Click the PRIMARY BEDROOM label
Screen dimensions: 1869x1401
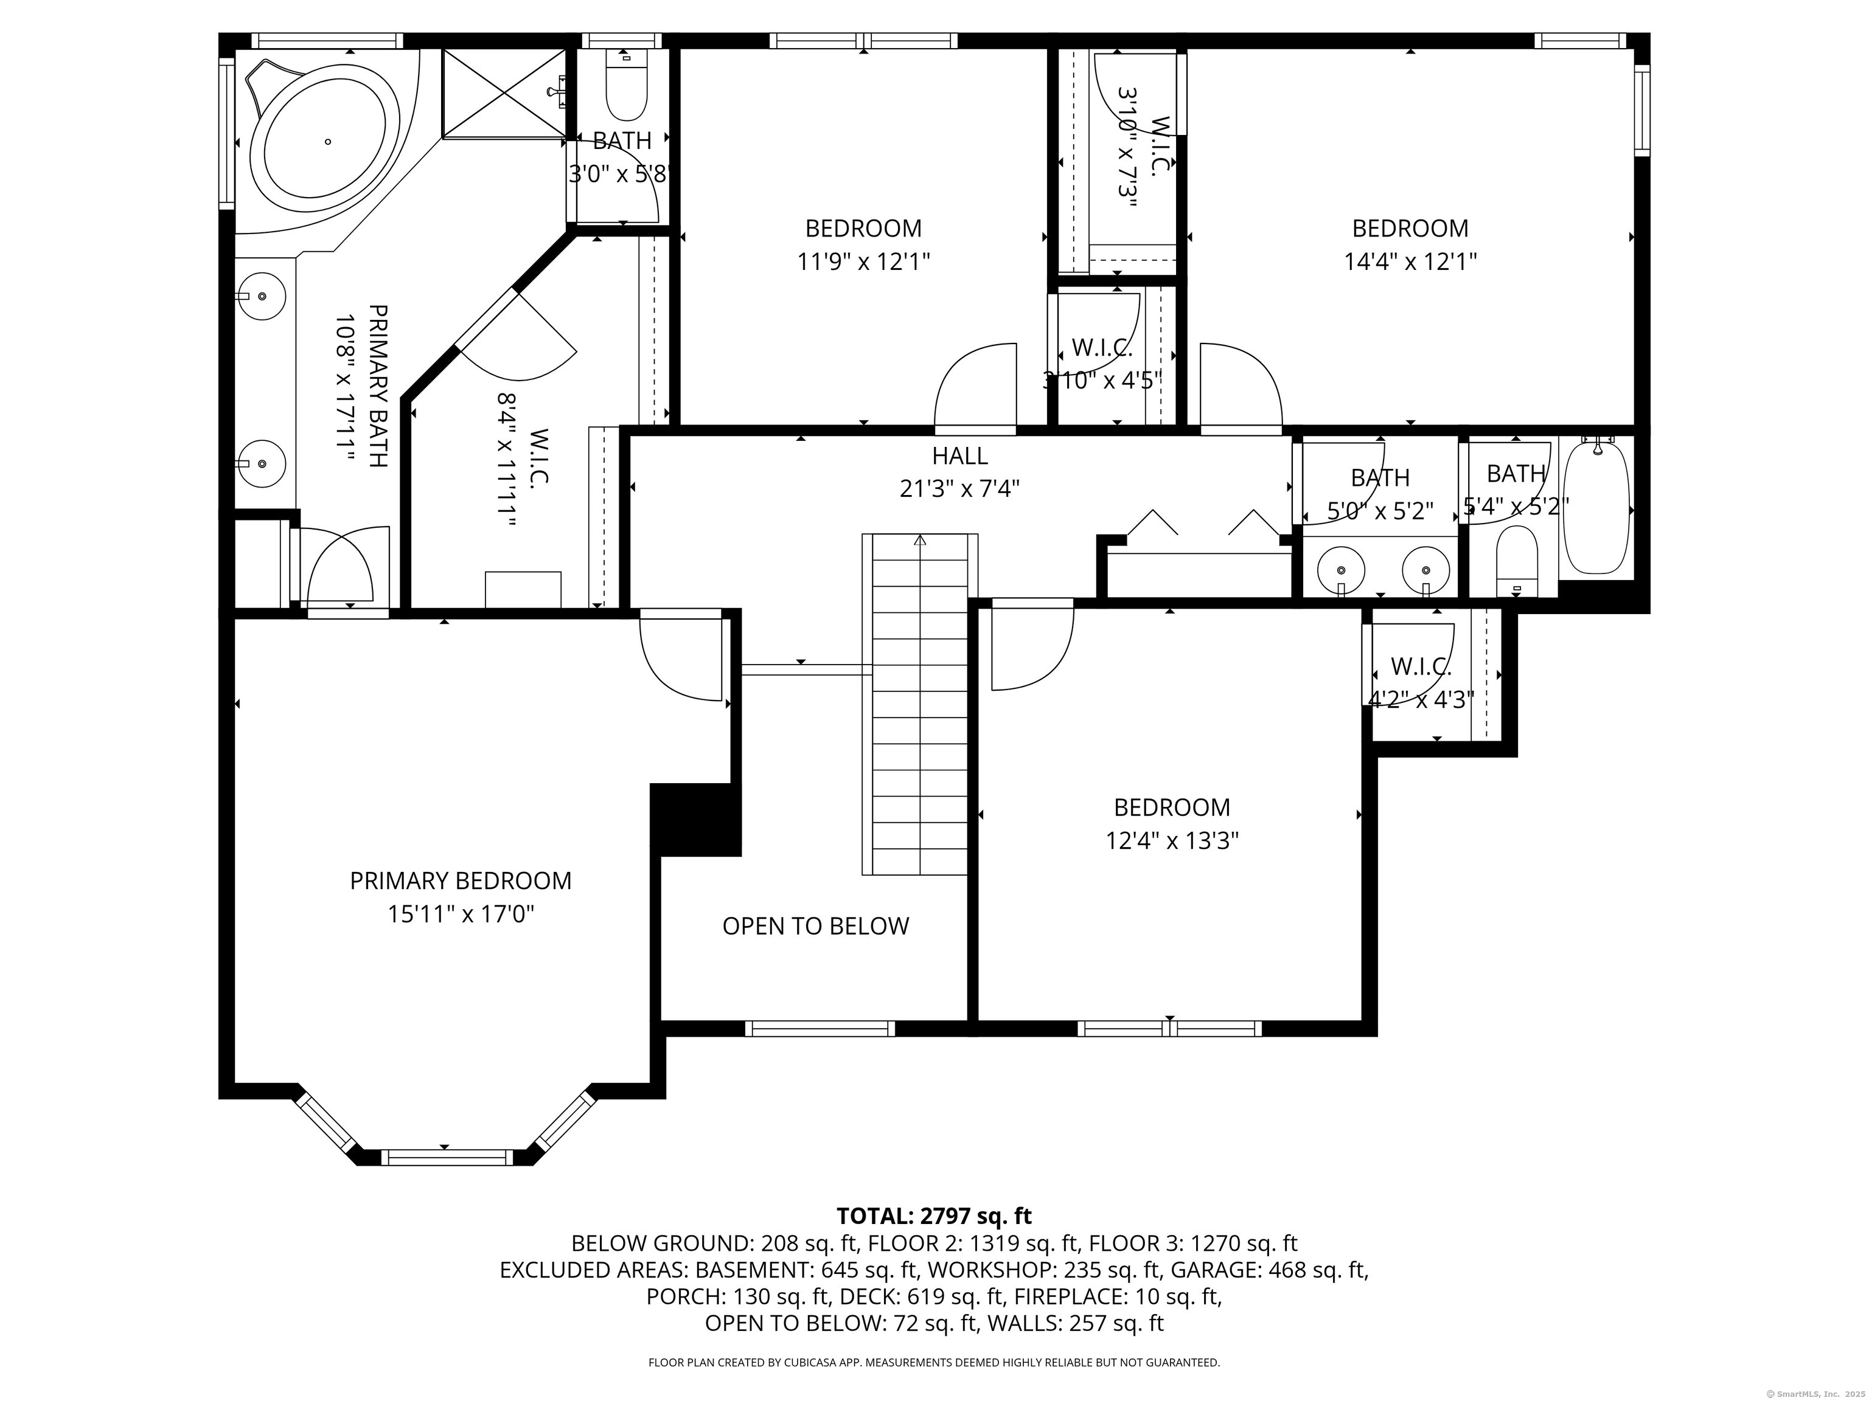point(461,881)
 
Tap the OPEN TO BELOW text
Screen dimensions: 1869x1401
point(815,927)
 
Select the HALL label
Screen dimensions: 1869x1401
point(960,456)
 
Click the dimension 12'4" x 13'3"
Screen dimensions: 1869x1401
point(1172,841)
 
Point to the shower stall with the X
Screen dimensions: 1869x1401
point(504,92)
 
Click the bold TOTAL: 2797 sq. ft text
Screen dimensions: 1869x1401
point(934,1216)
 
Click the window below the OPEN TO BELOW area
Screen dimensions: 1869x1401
point(819,1029)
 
